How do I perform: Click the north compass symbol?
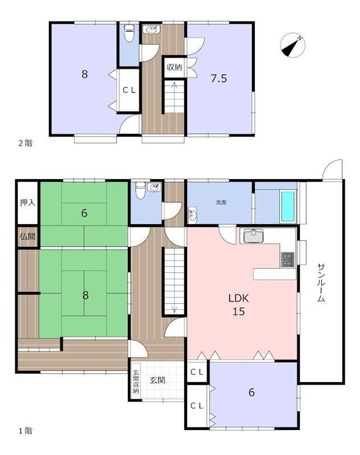(x=293, y=45)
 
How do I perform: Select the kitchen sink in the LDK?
(x=253, y=235)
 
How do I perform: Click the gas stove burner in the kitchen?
(x=287, y=260)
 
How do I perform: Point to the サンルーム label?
(x=321, y=283)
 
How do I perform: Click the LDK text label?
(x=238, y=298)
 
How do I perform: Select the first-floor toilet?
(x=140, y=190)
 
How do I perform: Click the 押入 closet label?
(x=27, y=202)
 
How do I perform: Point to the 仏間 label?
(x=27, y=236)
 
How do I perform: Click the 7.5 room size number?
(x=219, y=78)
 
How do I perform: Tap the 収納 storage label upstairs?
(x=175, y=67)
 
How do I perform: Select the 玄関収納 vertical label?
(x=136, y=381)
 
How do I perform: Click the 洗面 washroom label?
(x=221, y=202)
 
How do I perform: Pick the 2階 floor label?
(x=26, y=143)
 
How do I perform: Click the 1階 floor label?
(x=26, y=431)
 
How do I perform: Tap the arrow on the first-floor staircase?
(x=174, y=306)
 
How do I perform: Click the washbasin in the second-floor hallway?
(x=151, y=30)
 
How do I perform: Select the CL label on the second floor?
(x=129, y=90)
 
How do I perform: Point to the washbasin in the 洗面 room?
(x=192, y=215)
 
